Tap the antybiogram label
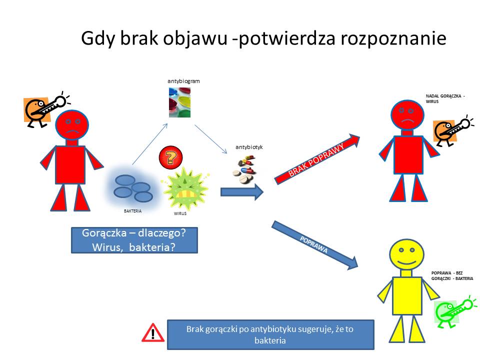183,81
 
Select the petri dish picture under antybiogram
179,102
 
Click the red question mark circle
171,157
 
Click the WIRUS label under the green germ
180,213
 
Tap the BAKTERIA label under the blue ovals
132,211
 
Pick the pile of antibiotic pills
244,169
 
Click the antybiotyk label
249,147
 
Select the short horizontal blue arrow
242,192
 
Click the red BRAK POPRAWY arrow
317,159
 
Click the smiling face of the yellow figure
406,254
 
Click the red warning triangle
153,332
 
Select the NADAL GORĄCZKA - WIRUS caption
445,98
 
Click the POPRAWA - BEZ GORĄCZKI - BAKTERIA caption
452,275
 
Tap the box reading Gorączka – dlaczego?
134,240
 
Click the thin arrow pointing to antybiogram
150,144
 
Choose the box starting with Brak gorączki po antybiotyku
270,334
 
